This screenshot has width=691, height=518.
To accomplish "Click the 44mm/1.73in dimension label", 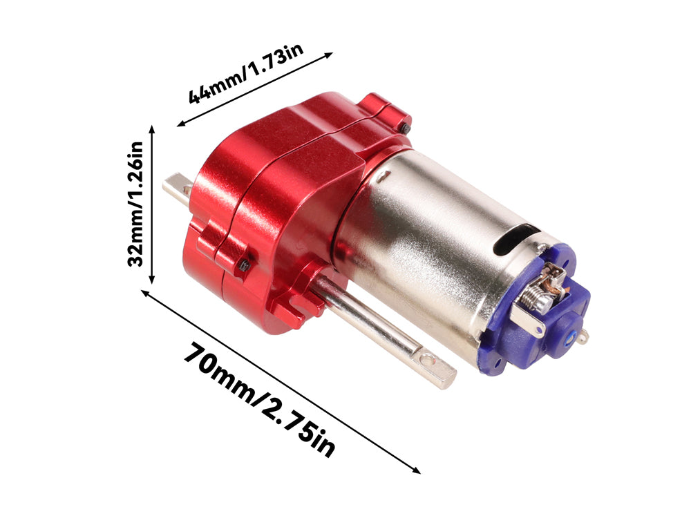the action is [247, 73].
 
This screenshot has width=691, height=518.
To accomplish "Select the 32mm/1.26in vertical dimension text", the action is [135, 204].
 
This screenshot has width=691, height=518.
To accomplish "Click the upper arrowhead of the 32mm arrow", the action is [152, 130].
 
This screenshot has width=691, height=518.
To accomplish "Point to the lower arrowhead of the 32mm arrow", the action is [152, 279].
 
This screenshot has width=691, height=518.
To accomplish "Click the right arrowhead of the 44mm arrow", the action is [329, 55].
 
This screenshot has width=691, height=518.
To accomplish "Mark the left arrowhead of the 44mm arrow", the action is [181, 124].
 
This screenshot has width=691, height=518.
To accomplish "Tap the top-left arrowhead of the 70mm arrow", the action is [145, 293].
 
